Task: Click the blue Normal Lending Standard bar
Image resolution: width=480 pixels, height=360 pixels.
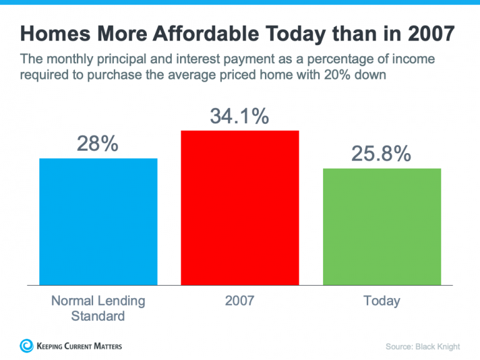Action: tap(98, 221)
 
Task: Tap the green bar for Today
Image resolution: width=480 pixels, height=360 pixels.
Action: tap(382, 226)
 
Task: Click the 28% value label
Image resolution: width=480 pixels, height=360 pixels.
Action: tap(97, 144)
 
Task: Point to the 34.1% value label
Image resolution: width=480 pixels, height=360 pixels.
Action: tap(239, 116)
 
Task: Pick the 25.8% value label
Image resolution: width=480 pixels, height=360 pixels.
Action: tap(381, 153)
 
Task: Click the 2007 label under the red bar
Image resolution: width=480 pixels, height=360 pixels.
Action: tap(239, 301)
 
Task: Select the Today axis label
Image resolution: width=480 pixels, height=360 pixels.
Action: tap(381, 301)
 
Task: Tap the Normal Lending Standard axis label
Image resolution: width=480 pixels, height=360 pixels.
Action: tap(97, 308)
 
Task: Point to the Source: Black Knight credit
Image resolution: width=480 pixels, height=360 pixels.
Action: tap(422, 346)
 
